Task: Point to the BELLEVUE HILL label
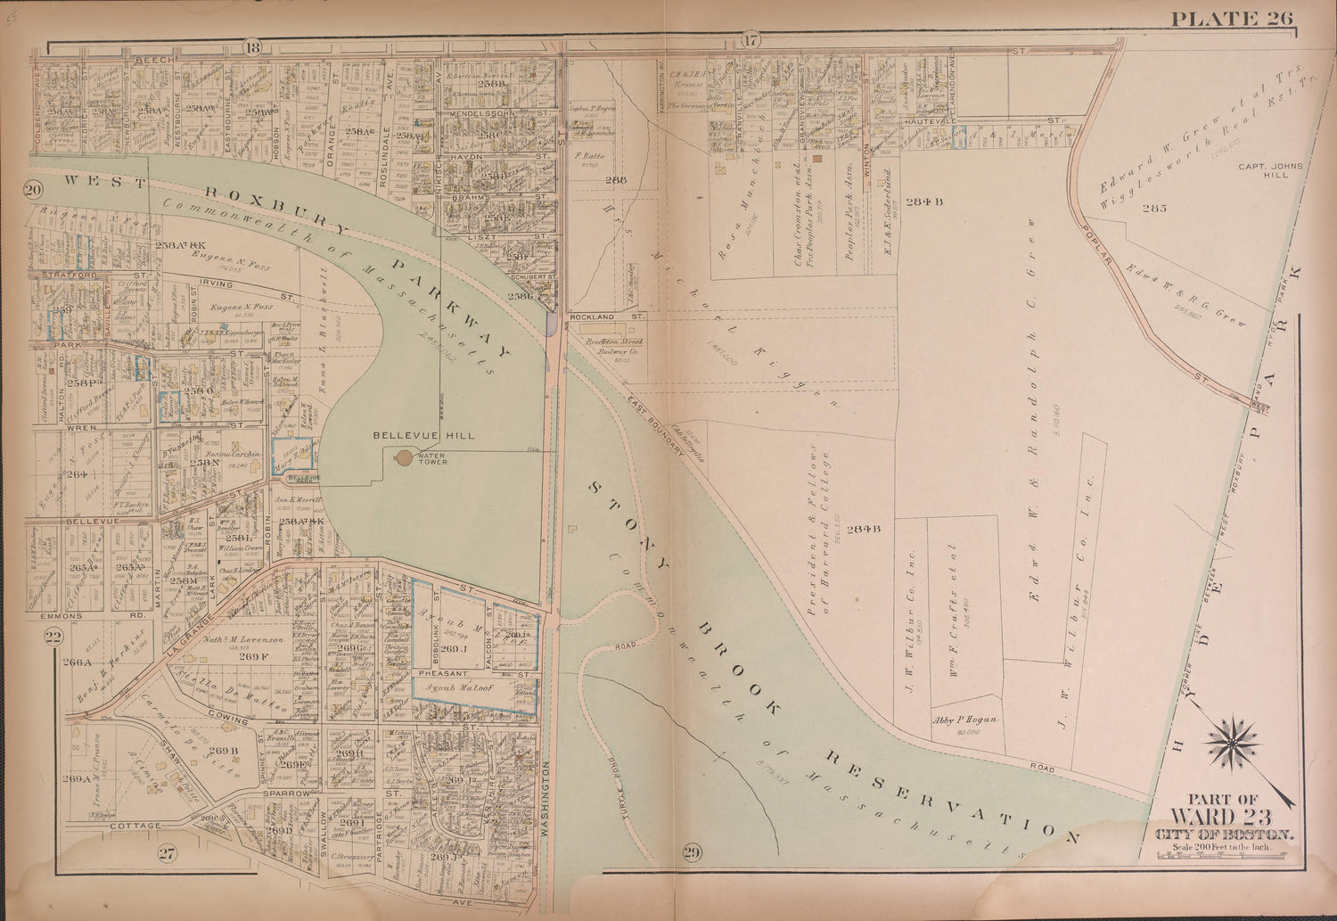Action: pyautogui.click(x=410, y=435)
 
